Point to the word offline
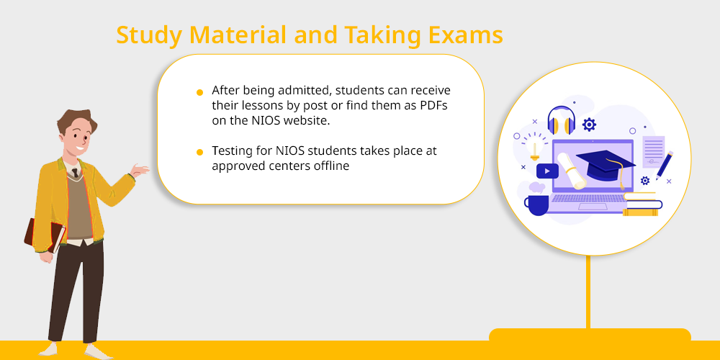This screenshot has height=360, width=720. tap(331, 166)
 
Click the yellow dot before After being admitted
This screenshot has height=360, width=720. tap(199, 92)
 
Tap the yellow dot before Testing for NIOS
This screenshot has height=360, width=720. tap(199, 152)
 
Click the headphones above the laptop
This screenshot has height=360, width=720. tap(562, 120)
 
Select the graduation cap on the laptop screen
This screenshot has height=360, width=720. tap(606, 168)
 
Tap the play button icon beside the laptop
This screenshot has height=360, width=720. tap(547, 171)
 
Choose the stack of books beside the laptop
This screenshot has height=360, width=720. tap(642, 204)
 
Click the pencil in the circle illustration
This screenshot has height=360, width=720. tap(665, 164)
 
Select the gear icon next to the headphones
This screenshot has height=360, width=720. tap(589, 125)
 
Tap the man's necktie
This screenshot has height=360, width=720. tap(74, 173)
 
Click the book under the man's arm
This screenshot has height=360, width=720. tap(44, 235)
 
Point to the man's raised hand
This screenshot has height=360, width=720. tap(139, 171)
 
